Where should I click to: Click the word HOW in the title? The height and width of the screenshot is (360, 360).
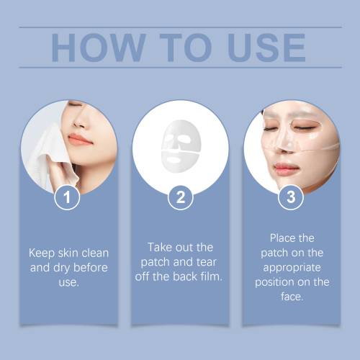coord(99,48)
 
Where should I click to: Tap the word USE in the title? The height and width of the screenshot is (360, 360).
coord(266,48)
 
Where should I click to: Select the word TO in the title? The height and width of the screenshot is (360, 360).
coord(186,48)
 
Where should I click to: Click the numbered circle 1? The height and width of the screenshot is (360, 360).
coord(67,197)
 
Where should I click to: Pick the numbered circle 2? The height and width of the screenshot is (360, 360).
coord(181,197)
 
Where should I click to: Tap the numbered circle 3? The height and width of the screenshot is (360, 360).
coord(291,197)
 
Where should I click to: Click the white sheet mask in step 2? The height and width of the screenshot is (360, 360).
coord(181,146)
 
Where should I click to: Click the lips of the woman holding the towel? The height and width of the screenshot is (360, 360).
coord(79,140)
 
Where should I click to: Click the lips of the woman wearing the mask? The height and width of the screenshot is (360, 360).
coord(286,167)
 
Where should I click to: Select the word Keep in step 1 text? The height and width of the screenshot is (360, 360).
coord(42,253)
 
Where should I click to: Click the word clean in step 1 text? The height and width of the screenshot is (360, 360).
coord(95,253)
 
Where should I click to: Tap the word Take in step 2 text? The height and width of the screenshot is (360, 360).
coord(160,247)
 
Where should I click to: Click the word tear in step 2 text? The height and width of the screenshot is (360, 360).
coord(207,262)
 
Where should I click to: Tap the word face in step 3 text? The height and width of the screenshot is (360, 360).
coord(292,297)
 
